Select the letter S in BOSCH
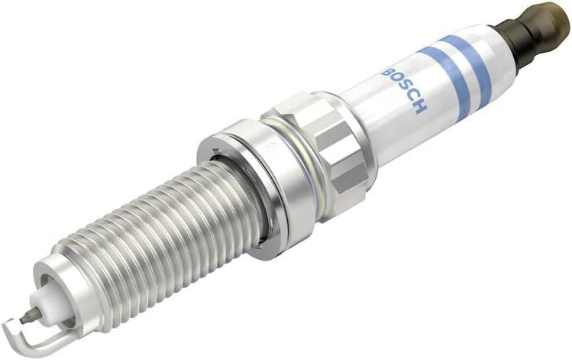[x=405, y=88]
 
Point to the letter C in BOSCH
[x=412, y=97]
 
